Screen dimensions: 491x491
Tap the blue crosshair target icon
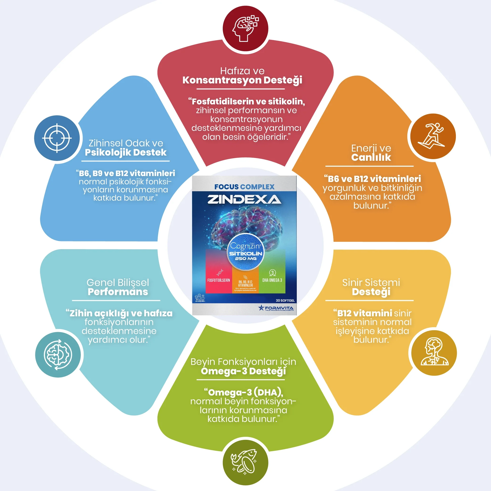pos(57,138)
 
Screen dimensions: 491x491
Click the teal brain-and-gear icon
pos(58,355)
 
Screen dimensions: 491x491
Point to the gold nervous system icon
pos(434,353)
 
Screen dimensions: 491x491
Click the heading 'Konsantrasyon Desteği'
pos(242,80)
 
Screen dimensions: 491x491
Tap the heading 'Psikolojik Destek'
pos(126,153)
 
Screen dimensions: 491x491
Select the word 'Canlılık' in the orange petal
pos(371,157)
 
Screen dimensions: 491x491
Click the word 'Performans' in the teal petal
pos(118,292)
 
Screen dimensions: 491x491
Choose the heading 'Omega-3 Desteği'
pos(243,371)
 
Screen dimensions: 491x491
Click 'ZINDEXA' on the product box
pos(244,199)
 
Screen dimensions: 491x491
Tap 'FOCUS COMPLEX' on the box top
pos(244,187)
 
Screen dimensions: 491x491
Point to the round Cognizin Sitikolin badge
pos(246,252)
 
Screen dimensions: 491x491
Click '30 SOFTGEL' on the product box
pos(285,300)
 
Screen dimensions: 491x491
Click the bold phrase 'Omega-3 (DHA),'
pos(245,392)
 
